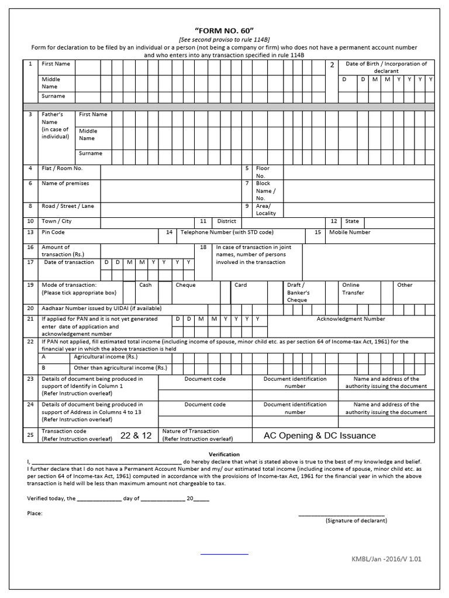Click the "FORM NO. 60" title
224,30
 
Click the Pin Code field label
53,232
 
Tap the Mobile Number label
350,232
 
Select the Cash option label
146,285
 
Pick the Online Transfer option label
353,288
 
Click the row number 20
30,308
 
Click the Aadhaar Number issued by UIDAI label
101,308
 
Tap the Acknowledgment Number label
351,319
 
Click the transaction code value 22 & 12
136,436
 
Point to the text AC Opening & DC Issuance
320,436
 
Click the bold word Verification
224,454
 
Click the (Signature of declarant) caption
356,520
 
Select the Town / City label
57,221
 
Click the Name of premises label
65,183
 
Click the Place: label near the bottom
34,513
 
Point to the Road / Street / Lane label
68,206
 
